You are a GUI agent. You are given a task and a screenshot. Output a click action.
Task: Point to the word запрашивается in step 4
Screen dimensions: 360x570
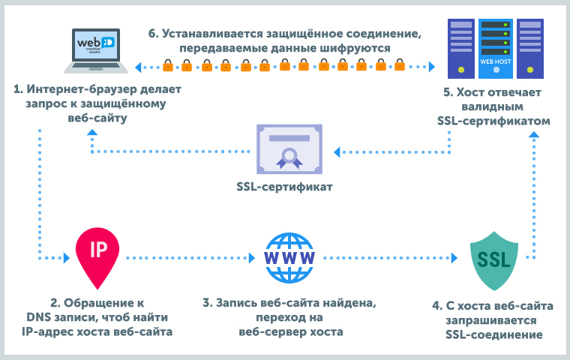493,319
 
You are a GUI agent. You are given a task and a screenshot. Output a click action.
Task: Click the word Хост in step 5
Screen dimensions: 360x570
471,91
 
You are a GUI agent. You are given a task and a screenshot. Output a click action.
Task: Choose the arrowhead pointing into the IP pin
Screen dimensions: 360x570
68,257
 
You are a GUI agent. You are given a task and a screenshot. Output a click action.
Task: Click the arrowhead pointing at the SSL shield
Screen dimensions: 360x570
453,257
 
